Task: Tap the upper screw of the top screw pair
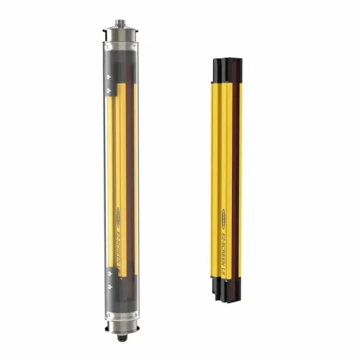pos(108,76)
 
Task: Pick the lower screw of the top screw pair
pos(108,90)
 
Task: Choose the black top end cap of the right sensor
pos(225,69)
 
